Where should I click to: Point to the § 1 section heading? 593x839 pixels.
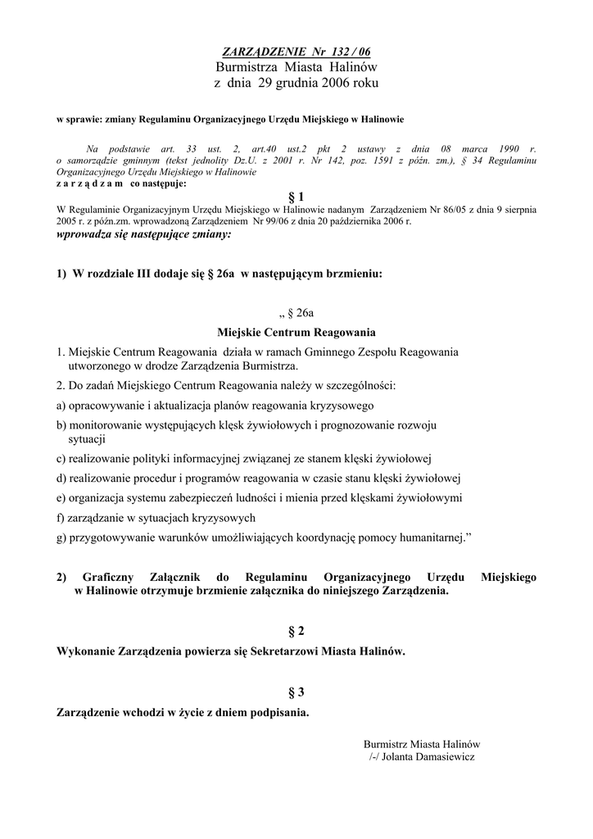point(296,197)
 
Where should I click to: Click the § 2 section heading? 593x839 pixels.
point(296,631)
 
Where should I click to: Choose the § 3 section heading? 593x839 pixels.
point(296,692)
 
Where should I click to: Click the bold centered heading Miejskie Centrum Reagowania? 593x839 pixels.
point(296,333)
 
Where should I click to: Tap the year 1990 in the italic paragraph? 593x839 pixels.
point(509,149)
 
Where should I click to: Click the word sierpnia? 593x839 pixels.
point(518,210)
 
